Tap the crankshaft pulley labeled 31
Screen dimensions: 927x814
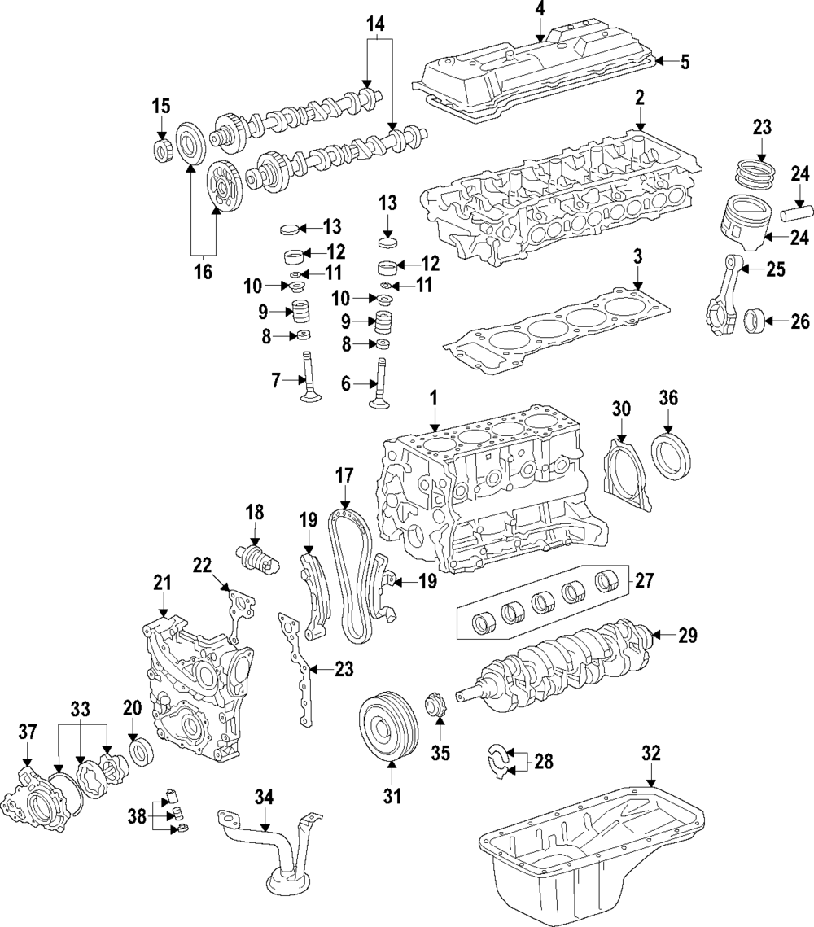click(389, 727)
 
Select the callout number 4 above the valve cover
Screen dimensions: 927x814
click(539, 11)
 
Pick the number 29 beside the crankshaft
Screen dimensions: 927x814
click(688, 636)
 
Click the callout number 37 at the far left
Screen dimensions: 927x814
click(28, 732)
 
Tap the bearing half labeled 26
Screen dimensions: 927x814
click(755, 322)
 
